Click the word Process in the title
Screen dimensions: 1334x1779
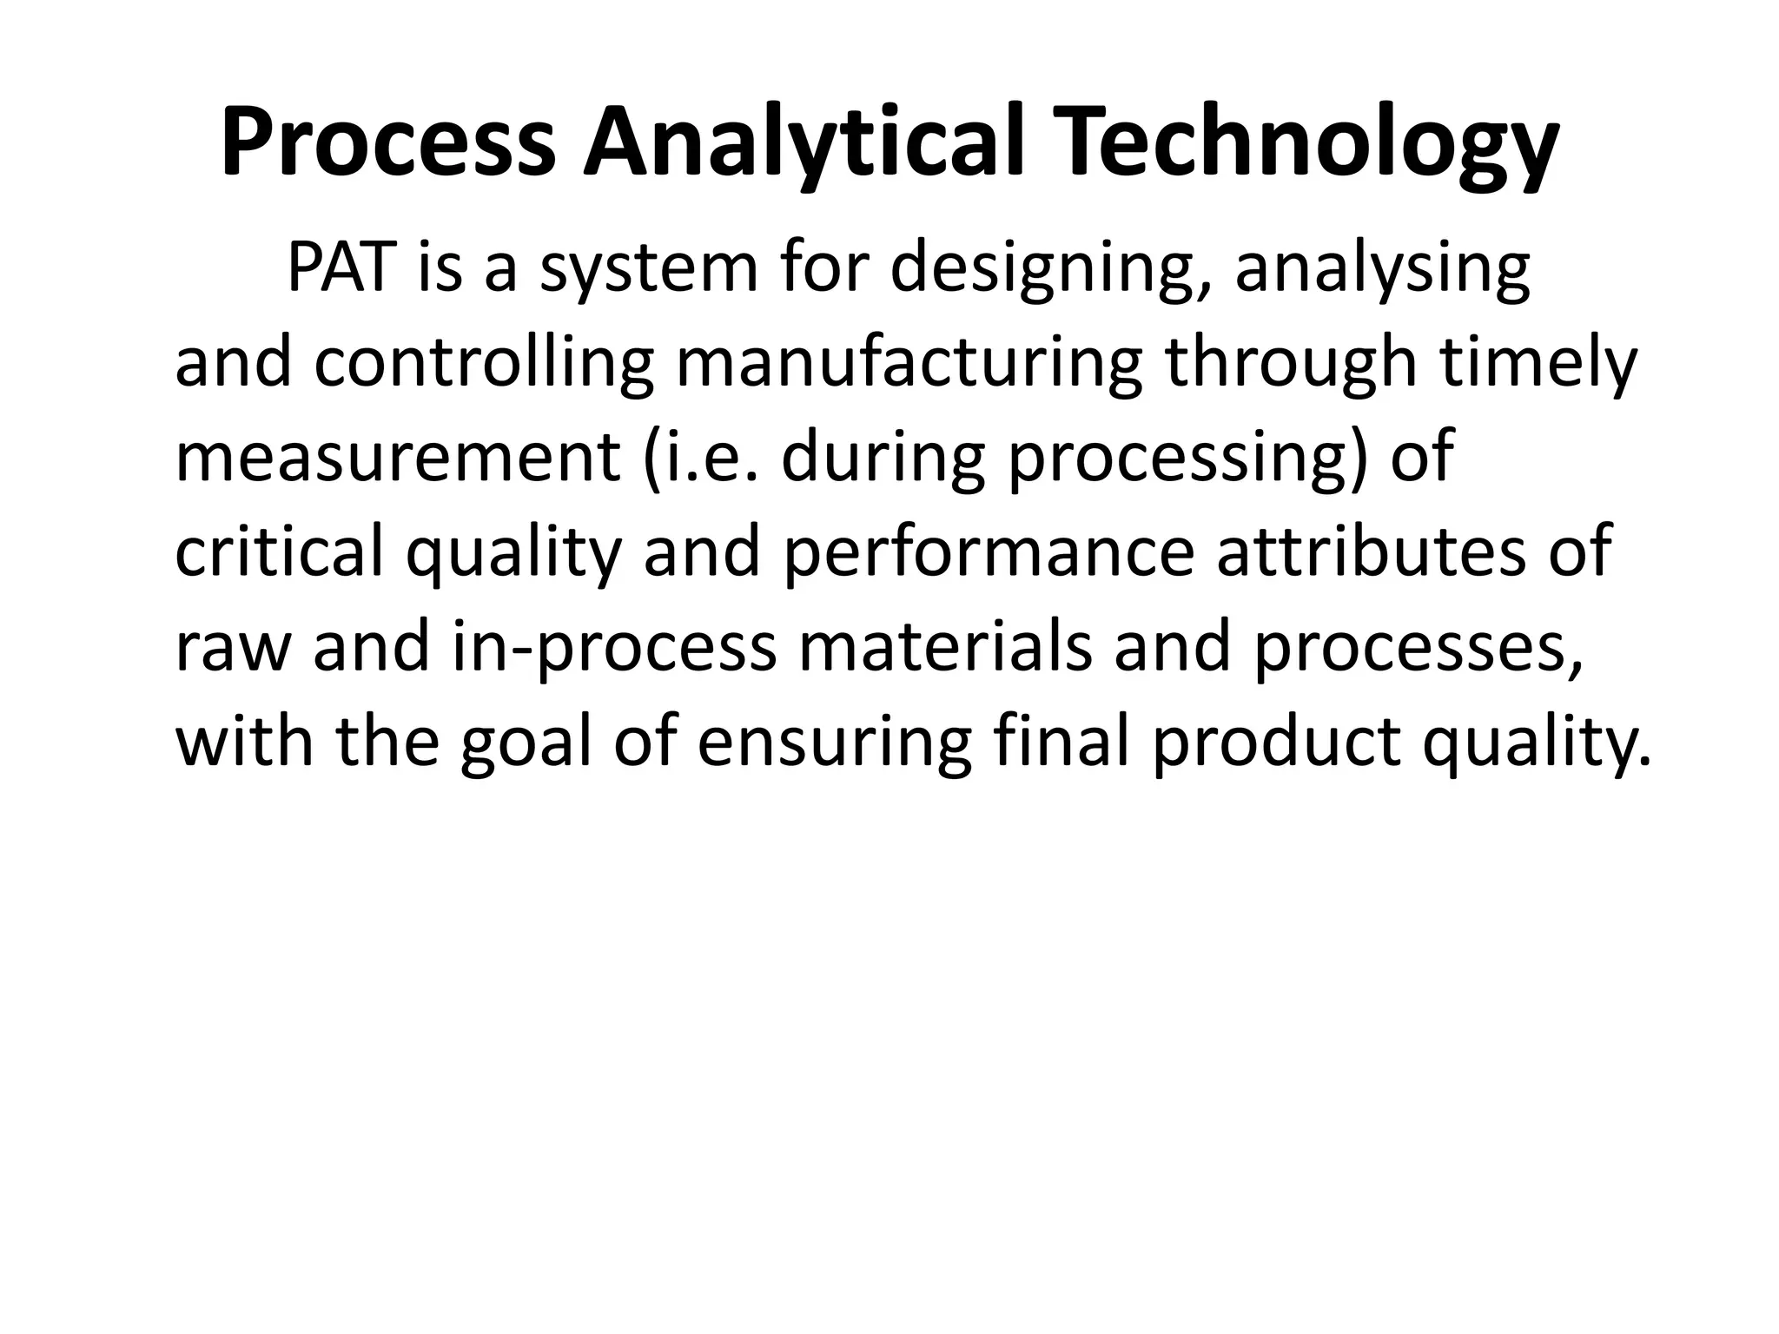[387, 143]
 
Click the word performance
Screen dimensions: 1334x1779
[989, 554]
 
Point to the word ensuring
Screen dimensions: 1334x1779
[834, 743]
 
